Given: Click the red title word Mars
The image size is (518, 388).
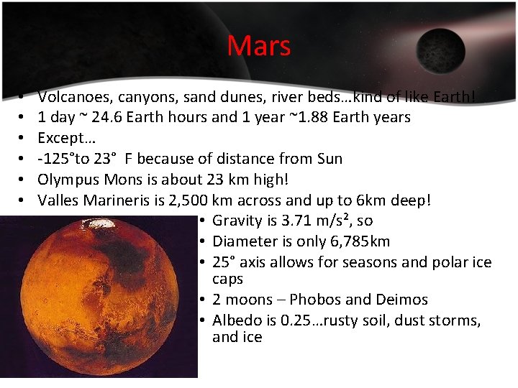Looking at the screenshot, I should (x=259, y=47).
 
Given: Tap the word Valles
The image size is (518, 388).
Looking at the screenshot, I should (x=58, y=200).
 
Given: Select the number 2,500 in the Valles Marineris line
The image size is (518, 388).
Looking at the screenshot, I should (x=190, y=200).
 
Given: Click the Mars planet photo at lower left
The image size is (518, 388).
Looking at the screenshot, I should (x=98, y=298).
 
